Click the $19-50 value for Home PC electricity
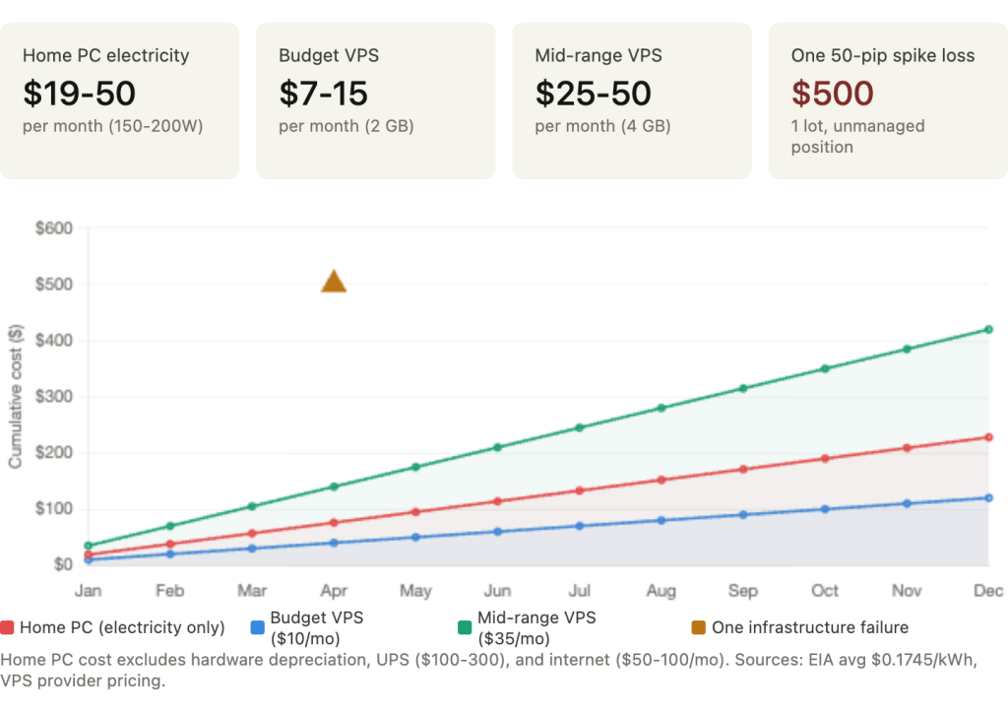pos(79,94)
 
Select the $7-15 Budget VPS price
pos(323,94)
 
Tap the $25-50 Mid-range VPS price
pos(593,94)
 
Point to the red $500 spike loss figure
pos(832,94)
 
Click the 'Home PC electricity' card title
pos(105,55)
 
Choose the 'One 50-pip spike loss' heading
pos(882,55)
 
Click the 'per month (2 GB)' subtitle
pos(346,126)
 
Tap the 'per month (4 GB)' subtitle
pos(602,126)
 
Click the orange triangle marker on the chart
pos(334,280)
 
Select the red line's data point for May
pos(416,511)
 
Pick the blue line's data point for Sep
pos(743,514)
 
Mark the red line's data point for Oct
pos(826,458)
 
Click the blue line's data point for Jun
pos(498,531)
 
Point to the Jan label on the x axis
pos(89,591)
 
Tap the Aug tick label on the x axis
pos(661,591)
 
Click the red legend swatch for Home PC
pos(8,627)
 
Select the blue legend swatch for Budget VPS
pos(257,627)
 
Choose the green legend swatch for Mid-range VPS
pos(465,627)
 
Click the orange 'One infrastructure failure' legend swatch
pos(697,627)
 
